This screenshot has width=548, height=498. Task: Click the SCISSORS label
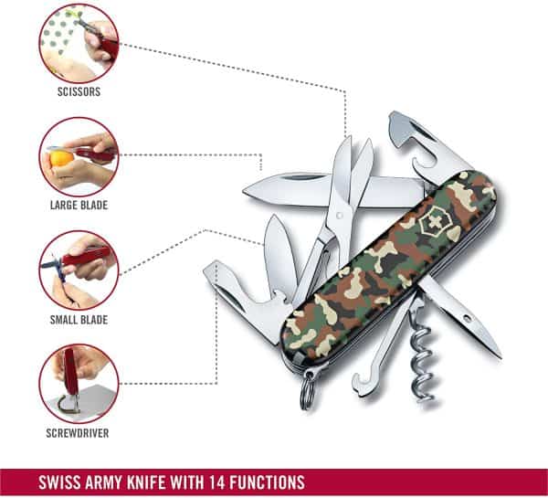pyautogui.click(x=78, y=92)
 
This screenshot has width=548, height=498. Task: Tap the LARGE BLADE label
pyautogui.click(x=78, y=206)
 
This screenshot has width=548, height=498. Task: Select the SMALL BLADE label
pyautogui.click(x=78, y=320)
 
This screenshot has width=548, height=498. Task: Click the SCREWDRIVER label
pyautogui.click(x=78, y=433)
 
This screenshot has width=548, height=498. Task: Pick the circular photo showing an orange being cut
pyautogui.click(x=78, y=156)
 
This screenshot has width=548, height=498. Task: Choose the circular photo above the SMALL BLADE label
pyautogui.click(x=78, y=270)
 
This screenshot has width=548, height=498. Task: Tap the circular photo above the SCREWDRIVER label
pyautogui.click(x=78, y=383)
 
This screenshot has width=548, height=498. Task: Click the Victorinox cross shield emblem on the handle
pyautogui.click(x=429, y=221)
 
